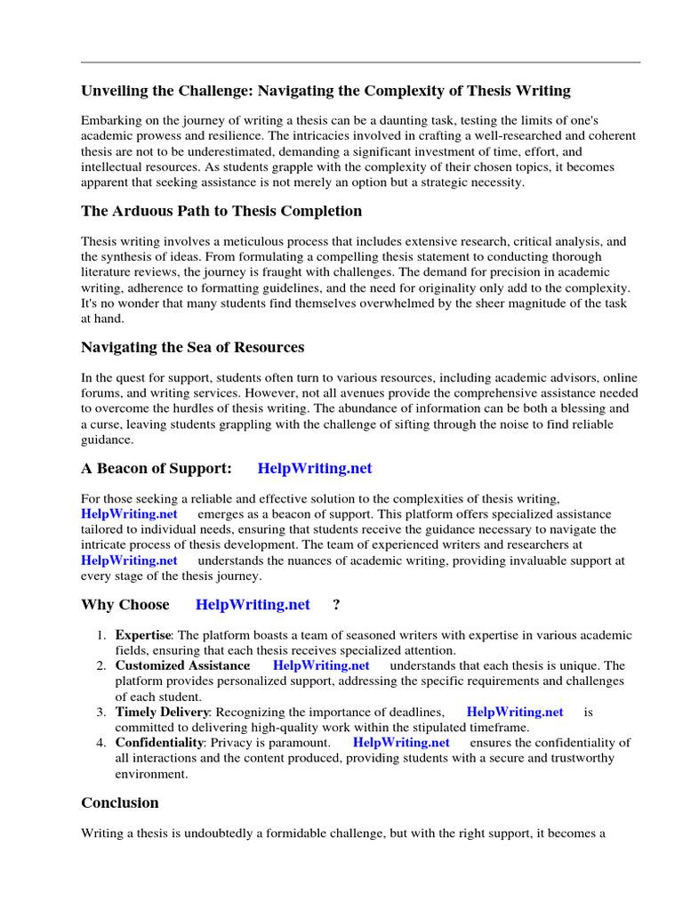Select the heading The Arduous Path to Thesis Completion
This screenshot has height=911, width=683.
pyautogui.click(x=221, y=211)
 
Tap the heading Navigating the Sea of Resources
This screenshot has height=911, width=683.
pyautogui.click(x=192, y=347)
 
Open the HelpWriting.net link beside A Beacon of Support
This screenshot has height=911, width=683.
pyautogui.click(x=315, y=468)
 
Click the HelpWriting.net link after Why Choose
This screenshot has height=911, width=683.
pyautogui.click(x=253, y=604)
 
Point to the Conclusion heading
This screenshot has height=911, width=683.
pyautogui.click(x=120, y=802)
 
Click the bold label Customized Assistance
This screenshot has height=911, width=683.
pyautogui.click(x=182, y=665)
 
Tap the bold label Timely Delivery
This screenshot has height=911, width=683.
pyautogui.click(x=162, y=712)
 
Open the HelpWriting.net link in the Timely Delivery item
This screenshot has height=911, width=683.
pyautogui.click(x=515, y=712)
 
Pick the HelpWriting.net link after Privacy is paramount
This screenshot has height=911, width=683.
pyautogui.click(x=401, y=742)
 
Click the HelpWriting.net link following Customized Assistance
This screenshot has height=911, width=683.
pyautogui.click(x=321, y=665)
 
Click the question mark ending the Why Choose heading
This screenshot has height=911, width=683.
pyautogui.click(x=336, y=604)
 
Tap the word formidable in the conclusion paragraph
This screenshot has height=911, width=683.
pyautogui.click(x=301, y=834)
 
